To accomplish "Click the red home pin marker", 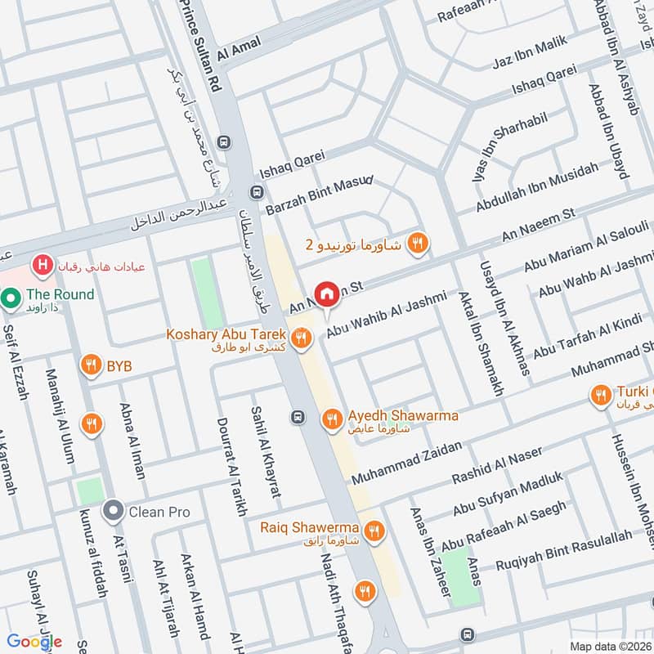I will [327, 293].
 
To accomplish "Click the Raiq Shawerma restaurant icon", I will [375, 530].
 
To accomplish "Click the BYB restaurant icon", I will [91, 365].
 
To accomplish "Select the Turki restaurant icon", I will [601, 396].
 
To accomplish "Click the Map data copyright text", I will [611, 646].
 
